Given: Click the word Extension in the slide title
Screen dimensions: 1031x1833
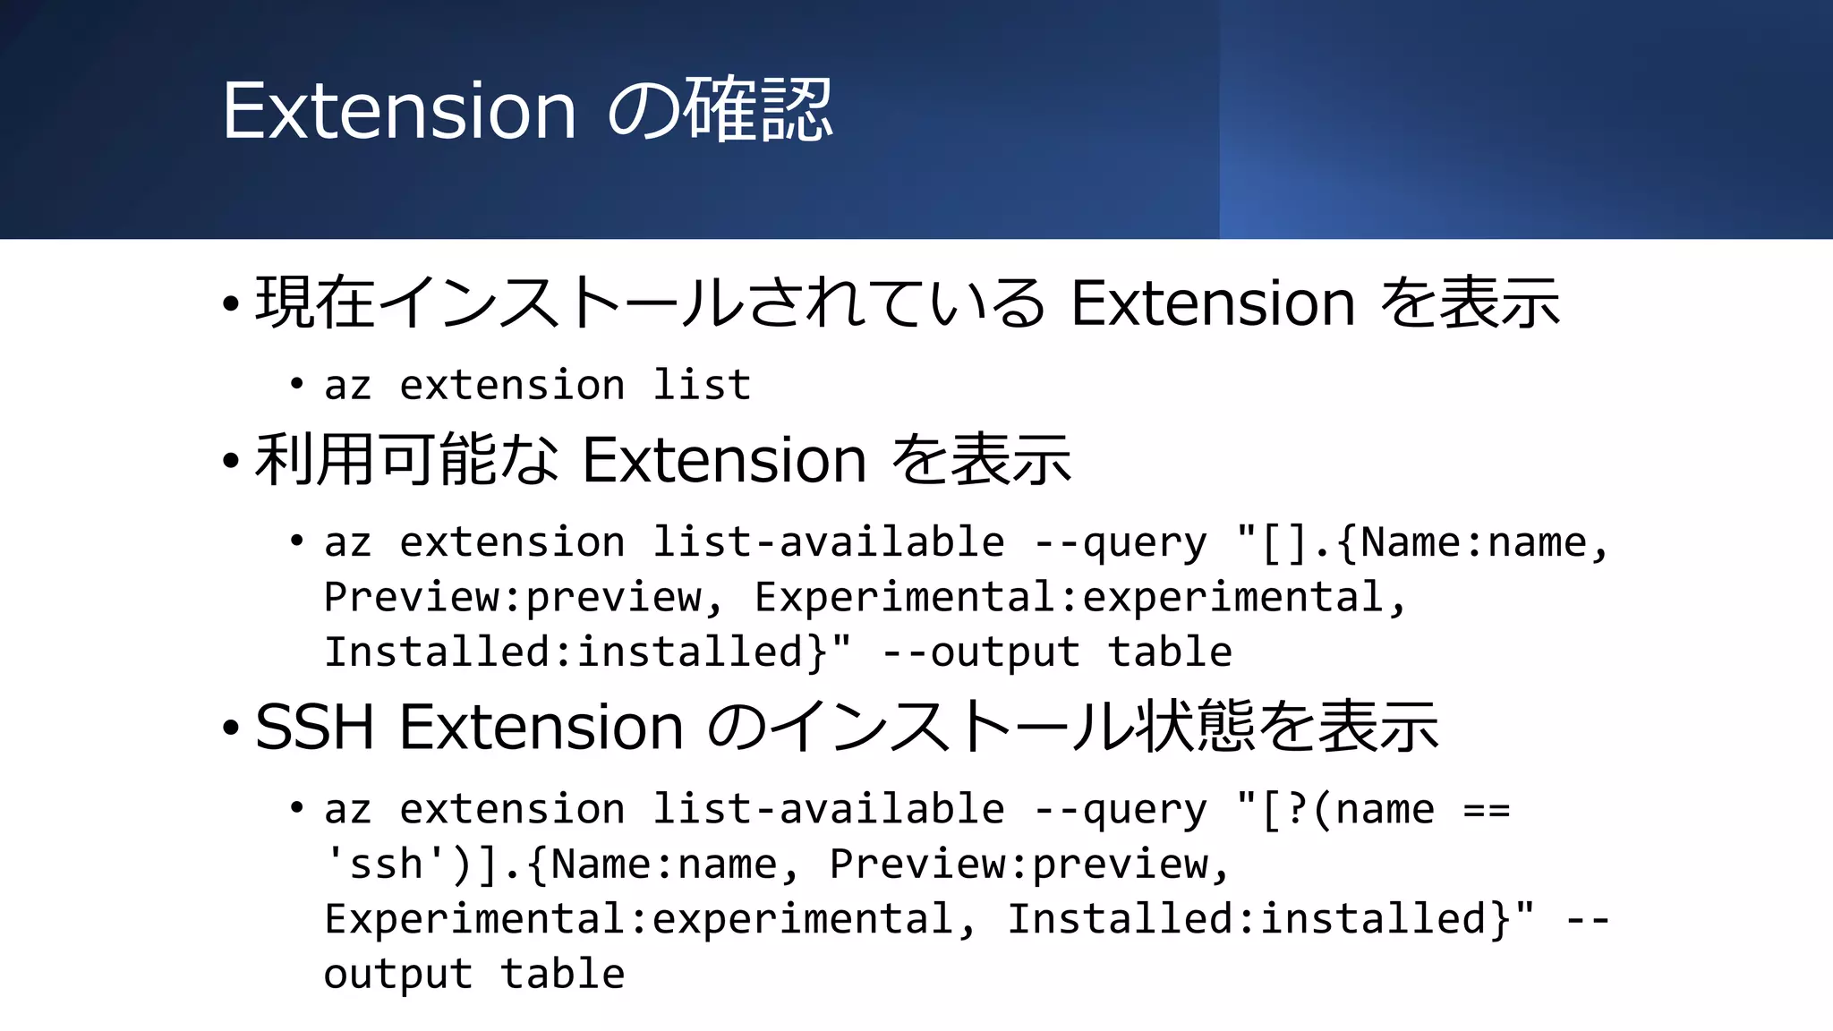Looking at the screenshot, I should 399,110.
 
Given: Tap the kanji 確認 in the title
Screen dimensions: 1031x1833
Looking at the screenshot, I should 758,110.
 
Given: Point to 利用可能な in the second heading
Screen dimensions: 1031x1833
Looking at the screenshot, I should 407,460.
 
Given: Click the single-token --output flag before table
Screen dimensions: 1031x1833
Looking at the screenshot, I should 981,652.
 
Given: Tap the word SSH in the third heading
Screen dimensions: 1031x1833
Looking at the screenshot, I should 314,726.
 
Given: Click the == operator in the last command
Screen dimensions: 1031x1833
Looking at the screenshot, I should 1486,810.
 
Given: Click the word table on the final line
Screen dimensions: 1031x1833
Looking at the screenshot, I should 562,974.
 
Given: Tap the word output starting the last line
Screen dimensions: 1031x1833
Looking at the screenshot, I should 398,974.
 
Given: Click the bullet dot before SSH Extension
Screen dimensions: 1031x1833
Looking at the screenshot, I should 231,729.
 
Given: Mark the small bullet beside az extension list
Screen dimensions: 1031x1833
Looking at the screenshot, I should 297,385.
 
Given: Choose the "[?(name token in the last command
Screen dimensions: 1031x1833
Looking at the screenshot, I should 1334,810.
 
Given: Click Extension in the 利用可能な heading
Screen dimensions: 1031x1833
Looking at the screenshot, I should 724,460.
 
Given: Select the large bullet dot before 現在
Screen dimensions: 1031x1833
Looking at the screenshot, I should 231,305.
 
